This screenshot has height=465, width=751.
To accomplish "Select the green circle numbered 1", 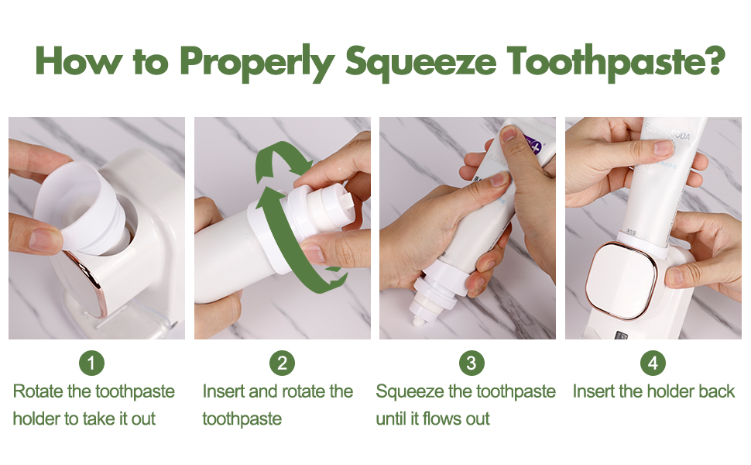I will tap(91, 363).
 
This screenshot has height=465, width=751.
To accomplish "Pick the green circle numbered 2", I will tap(282, 363).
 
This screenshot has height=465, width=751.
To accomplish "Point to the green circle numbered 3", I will tap(471, 363).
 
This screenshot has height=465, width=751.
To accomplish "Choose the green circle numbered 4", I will tap(653, 363).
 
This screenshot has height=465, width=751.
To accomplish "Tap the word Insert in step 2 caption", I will tap(222, 391).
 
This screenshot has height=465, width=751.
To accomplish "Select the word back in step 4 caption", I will tap(715, 391).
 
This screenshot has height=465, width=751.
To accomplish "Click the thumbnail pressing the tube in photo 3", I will tap(509, 136).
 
